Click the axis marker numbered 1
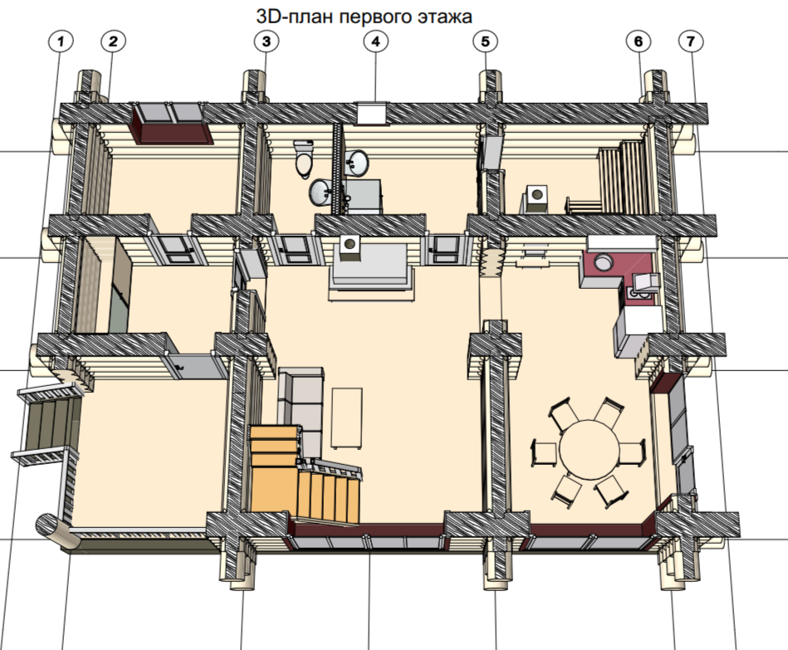[x=61, y=42]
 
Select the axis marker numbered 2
[x=113, y=42]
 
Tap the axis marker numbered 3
[x=266, y=42]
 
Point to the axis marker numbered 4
[x=376, y=42]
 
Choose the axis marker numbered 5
[x=486, y=42]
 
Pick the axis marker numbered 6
[x=639, y=42]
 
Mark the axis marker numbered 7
[x=691, y=42]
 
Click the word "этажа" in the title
[x=445, y=17]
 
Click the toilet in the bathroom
[x=304, y=159]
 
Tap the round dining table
[x=590, y=449]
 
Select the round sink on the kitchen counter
[x=603, y=262]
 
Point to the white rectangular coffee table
[x=347, y=418]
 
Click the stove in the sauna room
[x=536, y=198]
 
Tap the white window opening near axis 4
[x=372, y=113]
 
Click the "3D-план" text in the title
[x=294, y=17]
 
